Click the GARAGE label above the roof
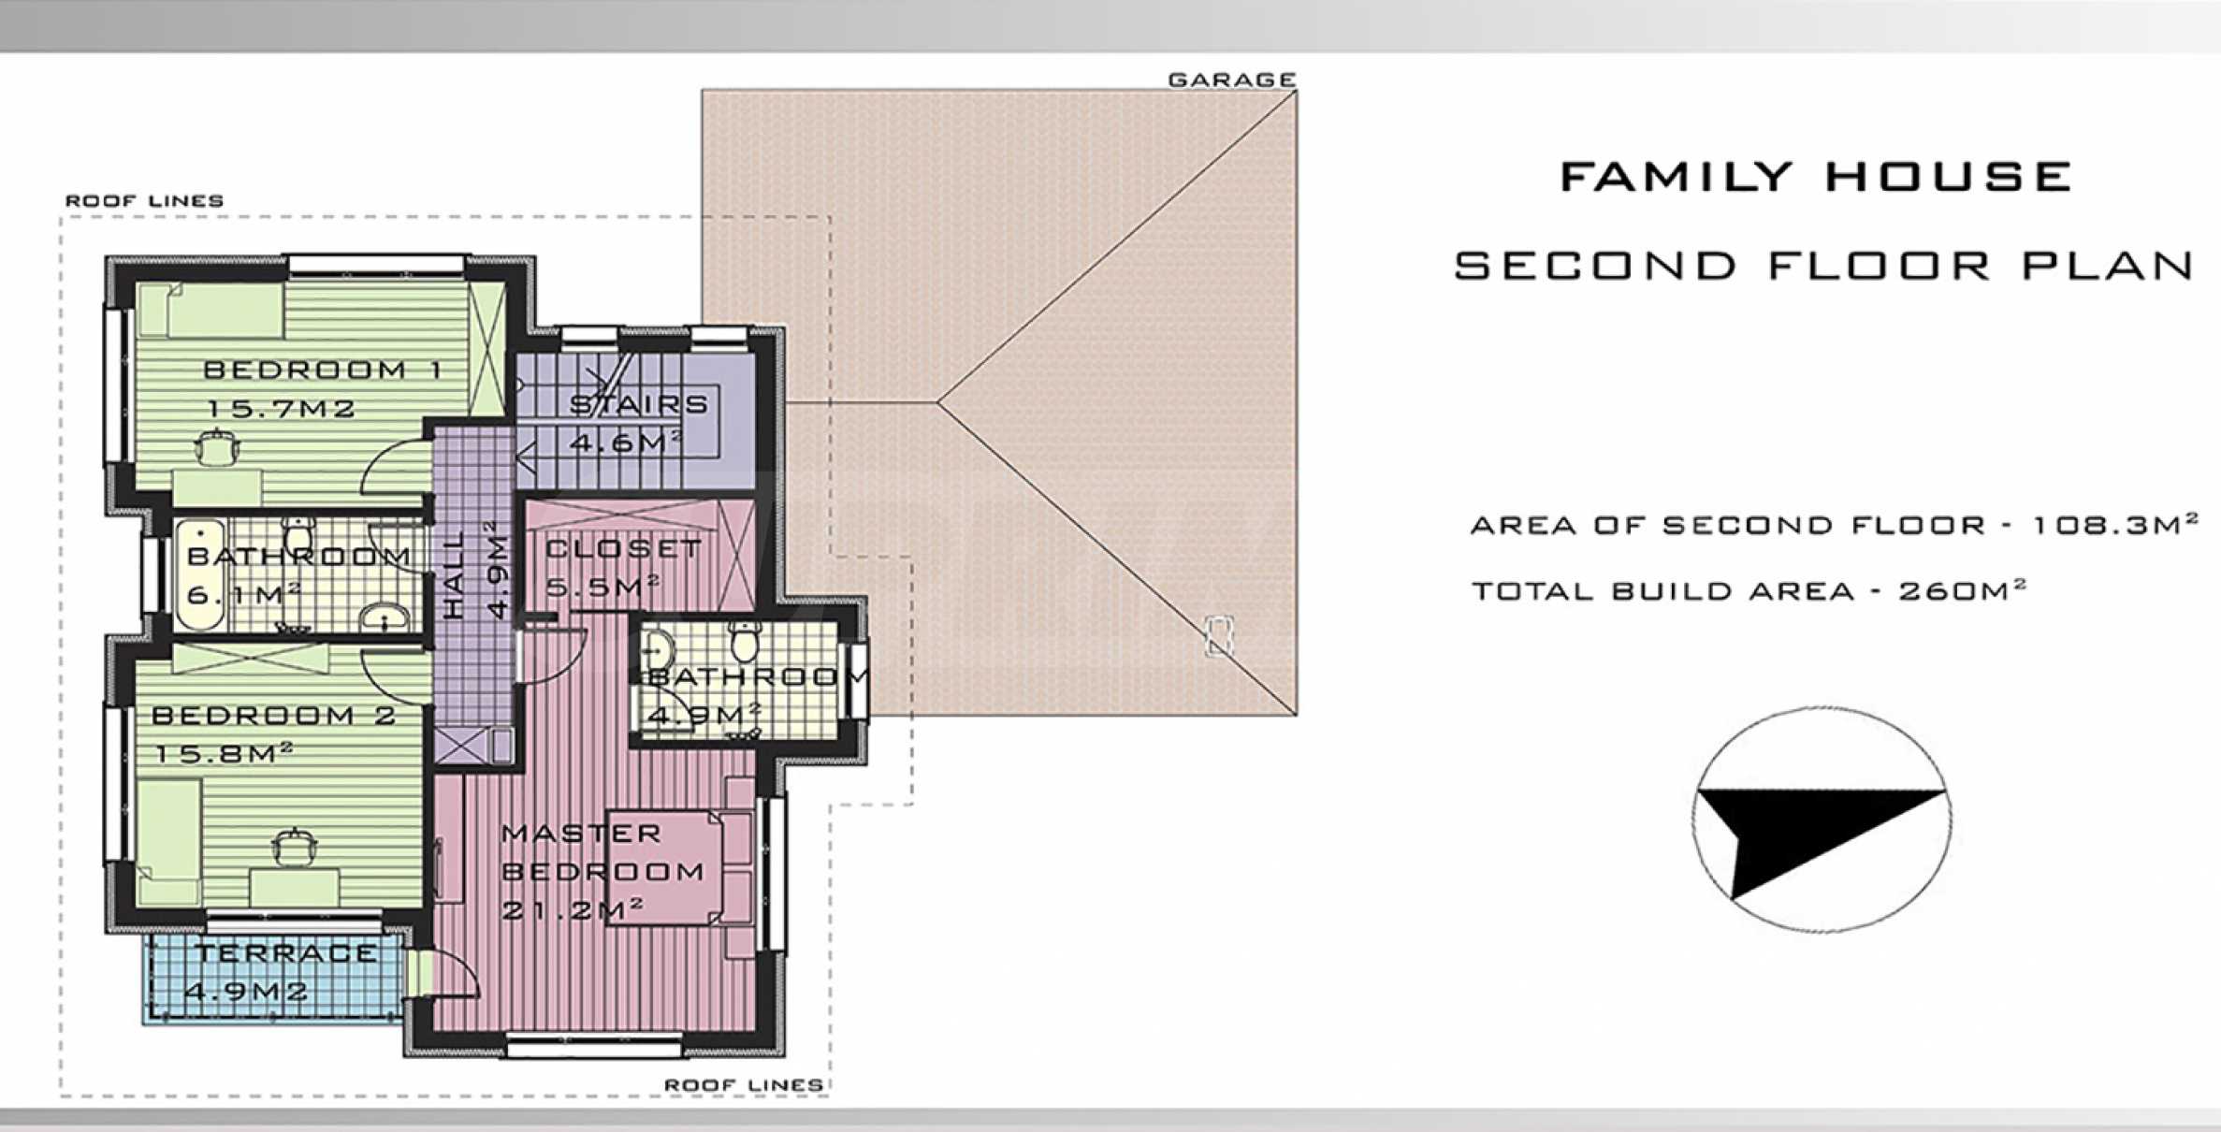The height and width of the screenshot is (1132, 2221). click(x=1232, y=80)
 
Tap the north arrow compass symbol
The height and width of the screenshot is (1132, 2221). click(x=1822, y=820)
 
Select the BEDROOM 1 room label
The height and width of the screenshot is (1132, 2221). click(x=323, y=370)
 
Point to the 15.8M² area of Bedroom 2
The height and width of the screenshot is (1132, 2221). click(x=224, y=753)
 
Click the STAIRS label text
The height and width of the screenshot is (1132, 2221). click(x=639, y=405)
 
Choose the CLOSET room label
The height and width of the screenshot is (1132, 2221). click(x=623, y=549)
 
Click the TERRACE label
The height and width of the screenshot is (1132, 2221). click(x=286, y=953)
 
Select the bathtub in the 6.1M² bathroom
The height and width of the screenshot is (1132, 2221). click(x=199, y=573)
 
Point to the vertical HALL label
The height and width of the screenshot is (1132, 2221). click(x=453, y=574)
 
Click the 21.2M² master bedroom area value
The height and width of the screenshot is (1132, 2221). click(x=572, y=908)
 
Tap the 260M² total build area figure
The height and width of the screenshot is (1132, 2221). click(x=1962, y=591)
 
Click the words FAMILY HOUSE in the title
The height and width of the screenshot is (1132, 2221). click(x=1816, y=177)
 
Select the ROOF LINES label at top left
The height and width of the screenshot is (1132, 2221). click(x=144, y=201)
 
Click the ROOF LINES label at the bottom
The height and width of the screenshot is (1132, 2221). click(x=744, y=1085)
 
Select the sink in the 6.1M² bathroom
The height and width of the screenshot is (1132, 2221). click(x=385, y=617)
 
